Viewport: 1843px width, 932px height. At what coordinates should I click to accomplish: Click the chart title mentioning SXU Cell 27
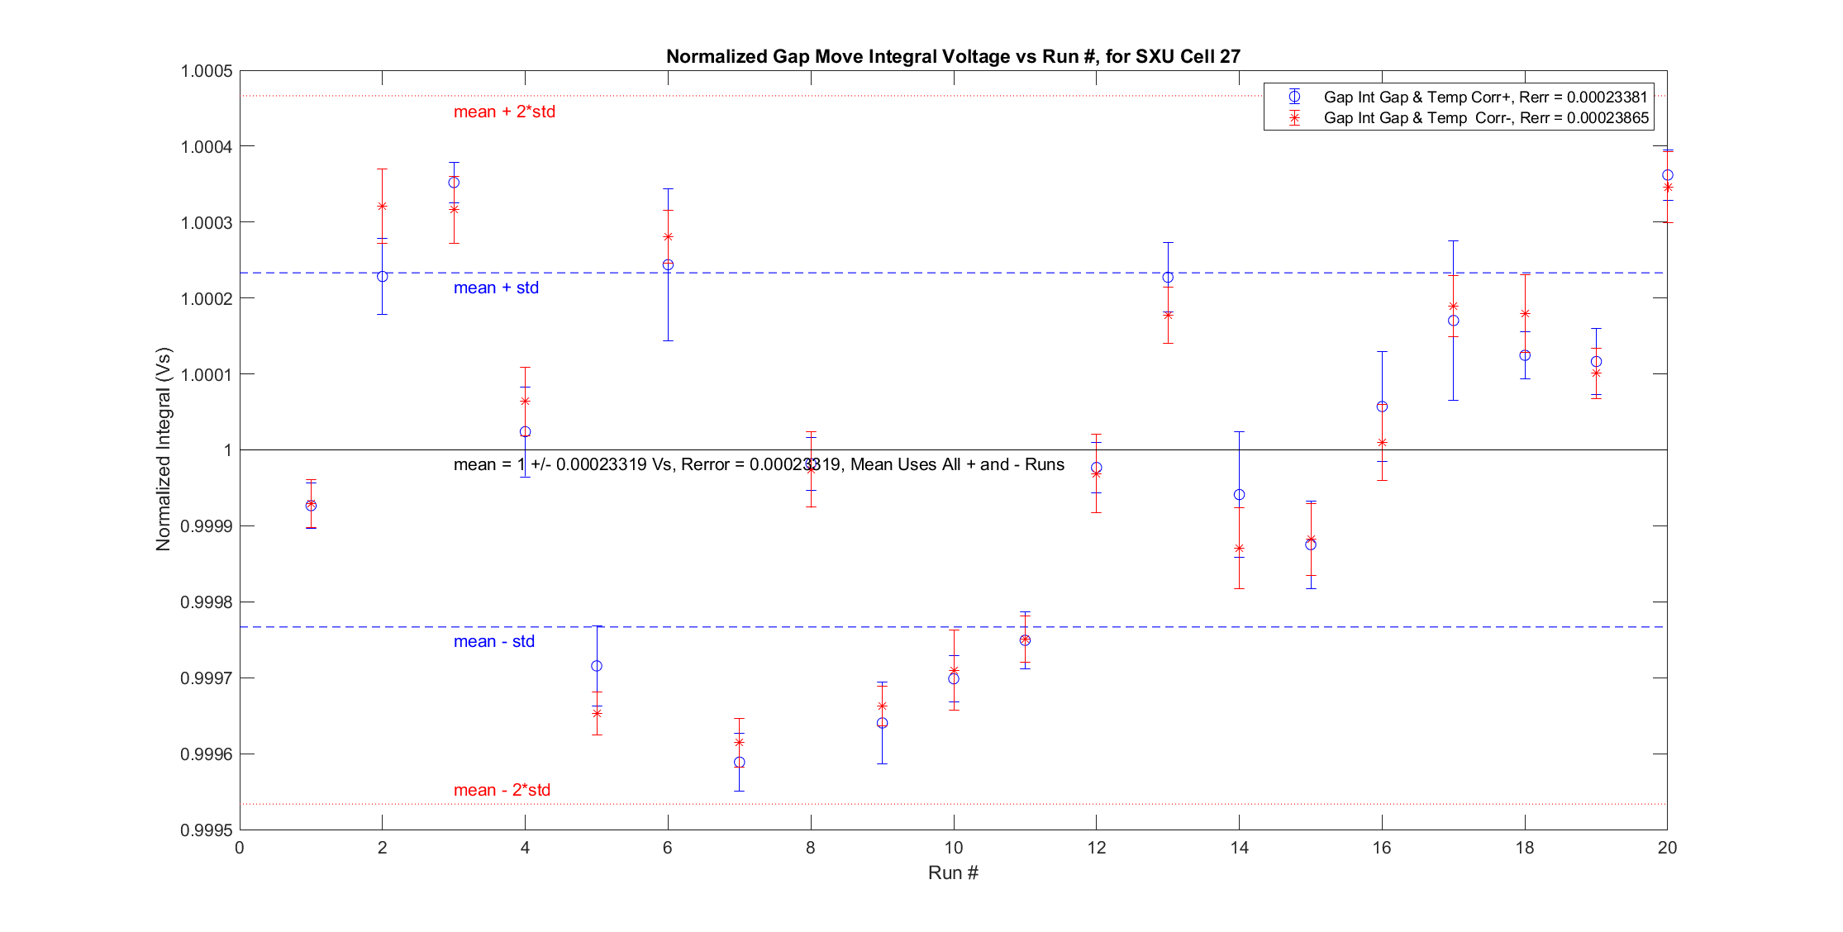tap(953, 56)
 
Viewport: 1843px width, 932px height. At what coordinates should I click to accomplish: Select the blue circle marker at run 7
tap(740, 762)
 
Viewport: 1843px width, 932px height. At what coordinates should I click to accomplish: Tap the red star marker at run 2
tap(383, 206)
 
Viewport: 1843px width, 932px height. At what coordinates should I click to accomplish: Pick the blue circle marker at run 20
tap(1668, 175)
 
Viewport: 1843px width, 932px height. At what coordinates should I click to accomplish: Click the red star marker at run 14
tap(1239, 548)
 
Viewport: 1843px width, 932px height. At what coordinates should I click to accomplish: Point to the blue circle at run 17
tap(1454, 321)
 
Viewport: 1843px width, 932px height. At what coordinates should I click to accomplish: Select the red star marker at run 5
tap(597, 712)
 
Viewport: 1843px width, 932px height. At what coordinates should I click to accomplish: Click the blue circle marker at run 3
tap(454, 183)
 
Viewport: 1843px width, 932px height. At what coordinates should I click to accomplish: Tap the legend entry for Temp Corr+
tap(1485, 97)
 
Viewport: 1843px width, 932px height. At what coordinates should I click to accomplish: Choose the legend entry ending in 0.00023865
tap(1485, 118)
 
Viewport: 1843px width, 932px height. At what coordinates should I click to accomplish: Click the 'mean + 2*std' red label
tap(504, 112)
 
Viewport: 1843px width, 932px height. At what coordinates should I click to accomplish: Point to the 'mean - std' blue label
tap(493, 641)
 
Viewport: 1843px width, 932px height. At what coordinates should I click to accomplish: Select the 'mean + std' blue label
tap(496, 288)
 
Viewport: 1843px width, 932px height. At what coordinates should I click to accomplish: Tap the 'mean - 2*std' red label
tap(502, 790)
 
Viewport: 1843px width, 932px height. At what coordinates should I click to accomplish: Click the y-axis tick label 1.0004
tap(207, 146)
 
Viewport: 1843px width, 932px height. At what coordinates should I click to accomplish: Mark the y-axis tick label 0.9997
tap(207, 678)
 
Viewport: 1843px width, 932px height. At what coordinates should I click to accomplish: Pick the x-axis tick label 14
tap(1239, 847)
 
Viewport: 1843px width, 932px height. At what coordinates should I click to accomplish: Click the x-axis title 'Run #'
tap(953, 873)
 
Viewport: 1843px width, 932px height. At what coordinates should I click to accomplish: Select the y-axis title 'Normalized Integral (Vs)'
tap(163, 449)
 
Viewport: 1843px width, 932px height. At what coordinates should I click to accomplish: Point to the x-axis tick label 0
tap(240, 847)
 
